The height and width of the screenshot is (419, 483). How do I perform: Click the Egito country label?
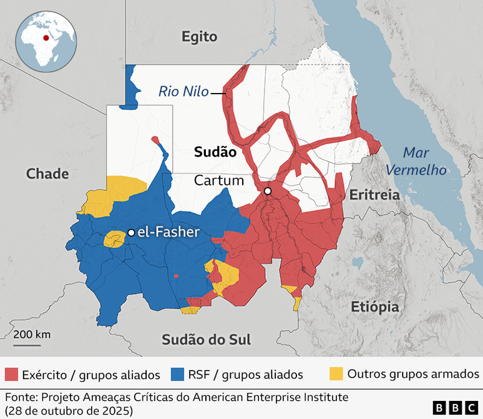click(199, 37)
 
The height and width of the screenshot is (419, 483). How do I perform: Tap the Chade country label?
click(47, 174)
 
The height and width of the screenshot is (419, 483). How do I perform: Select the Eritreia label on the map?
click(374, 195)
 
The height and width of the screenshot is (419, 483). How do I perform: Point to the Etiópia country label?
click(374, 307)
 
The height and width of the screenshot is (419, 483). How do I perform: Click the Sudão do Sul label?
click(206, 340)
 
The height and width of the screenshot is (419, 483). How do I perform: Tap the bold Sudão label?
click(215, 152)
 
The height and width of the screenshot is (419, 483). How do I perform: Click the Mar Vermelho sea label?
click(416, 160)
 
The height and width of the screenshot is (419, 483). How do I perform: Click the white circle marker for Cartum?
click(268, 191)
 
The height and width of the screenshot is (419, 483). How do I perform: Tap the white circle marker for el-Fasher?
click(131, 233)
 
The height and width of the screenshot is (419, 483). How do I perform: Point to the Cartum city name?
click(218, 180)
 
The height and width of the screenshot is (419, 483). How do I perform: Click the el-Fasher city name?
click(168, 232)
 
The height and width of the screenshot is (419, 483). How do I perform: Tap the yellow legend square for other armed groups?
click(336, 374)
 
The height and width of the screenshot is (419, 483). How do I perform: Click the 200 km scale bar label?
click(32, 334)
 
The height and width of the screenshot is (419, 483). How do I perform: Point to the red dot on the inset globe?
click(46, 37)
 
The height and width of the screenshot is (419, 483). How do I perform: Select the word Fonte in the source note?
click(19, 397)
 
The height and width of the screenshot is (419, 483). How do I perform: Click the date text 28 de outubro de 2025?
click(69, 410)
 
